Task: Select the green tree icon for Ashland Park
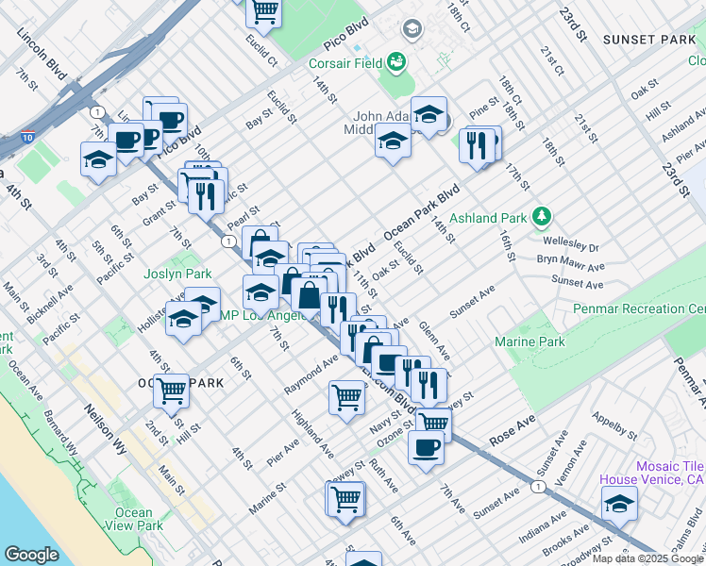tap(541, 218)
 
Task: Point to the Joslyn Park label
tap(177, 275)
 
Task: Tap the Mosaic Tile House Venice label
tap(652, 473)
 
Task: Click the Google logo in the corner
tap(31, 555)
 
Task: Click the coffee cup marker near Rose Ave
tap(426, 445)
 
